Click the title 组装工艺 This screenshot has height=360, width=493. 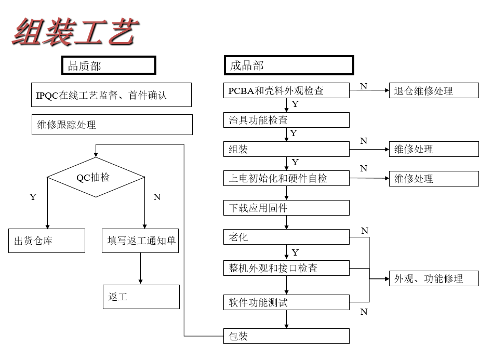[x=75, y=32]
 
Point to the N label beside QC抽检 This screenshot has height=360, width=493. [x=157, y=197]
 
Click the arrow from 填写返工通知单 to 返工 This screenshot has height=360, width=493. [x=141, y=269]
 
